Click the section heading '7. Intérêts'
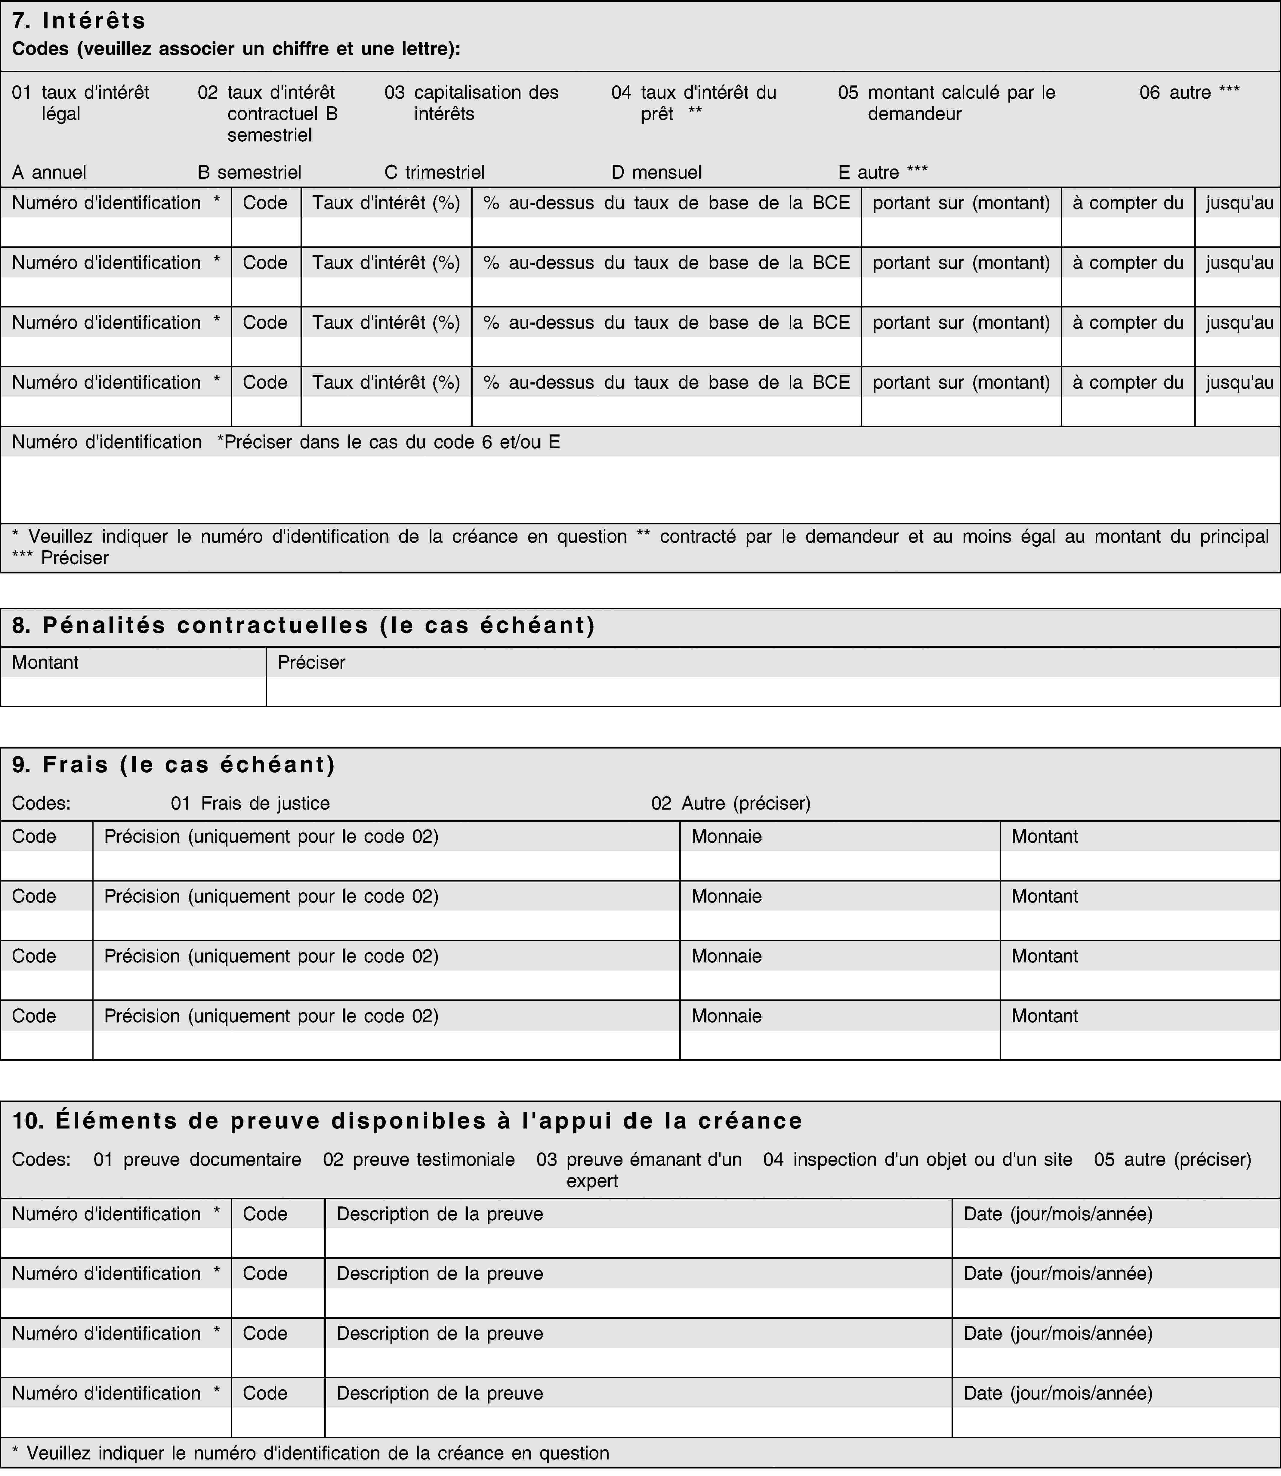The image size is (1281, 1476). click(x=79, y=21)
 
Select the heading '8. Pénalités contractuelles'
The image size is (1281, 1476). click(x=304, y=625)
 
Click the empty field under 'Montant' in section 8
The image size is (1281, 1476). click(x=133, y=691)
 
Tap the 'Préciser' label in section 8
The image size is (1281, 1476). click(x=311, y=662)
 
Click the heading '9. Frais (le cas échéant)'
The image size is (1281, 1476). click(x=174, y=765)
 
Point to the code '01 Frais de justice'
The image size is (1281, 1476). click(x=250, y=803)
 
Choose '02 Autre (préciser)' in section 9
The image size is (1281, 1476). click(x=730, y=803)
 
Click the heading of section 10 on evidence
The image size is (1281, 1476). click(x=407, y=1121)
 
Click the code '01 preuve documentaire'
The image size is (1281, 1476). click(x=197, y=1159)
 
